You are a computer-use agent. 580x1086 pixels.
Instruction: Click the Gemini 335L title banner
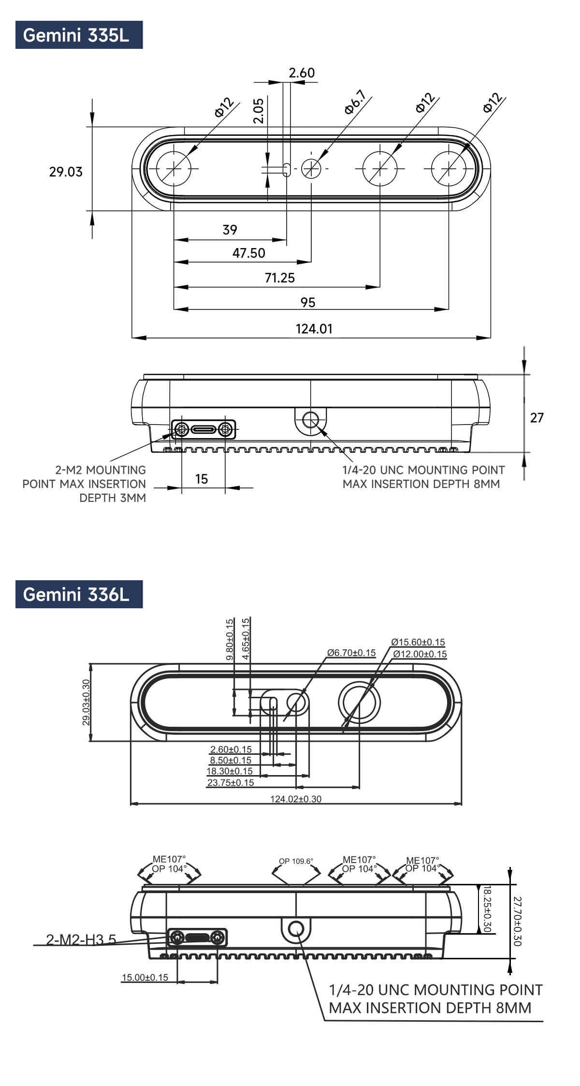79,35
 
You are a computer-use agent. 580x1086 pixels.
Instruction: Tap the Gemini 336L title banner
79,594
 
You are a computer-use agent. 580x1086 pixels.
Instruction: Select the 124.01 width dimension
314,329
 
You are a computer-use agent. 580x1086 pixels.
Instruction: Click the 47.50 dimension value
249,253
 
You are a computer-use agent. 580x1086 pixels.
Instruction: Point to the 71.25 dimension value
279,278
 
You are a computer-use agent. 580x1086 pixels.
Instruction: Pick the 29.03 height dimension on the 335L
66,172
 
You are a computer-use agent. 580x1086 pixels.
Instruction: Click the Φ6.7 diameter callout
355,102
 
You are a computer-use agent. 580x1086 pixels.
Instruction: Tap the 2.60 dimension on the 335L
302,73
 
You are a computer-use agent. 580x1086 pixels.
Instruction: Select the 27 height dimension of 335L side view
537,417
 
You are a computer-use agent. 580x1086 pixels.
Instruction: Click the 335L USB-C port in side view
203,429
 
